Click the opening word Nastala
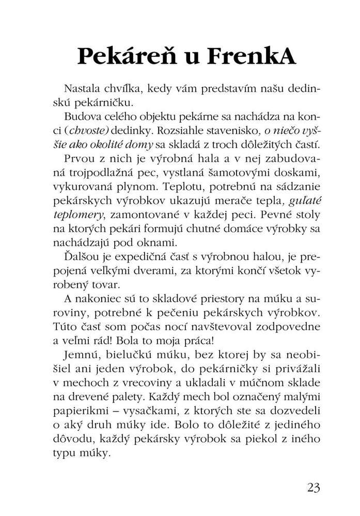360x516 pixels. coord(84,88)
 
